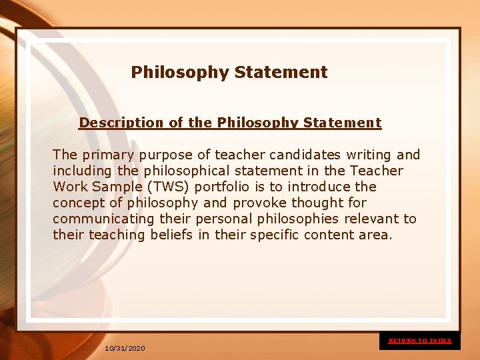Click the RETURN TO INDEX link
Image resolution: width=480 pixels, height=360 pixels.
pos(420,341)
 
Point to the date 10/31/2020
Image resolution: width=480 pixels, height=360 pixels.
pos(125,349)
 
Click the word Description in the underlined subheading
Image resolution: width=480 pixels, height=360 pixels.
pos(111,123)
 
